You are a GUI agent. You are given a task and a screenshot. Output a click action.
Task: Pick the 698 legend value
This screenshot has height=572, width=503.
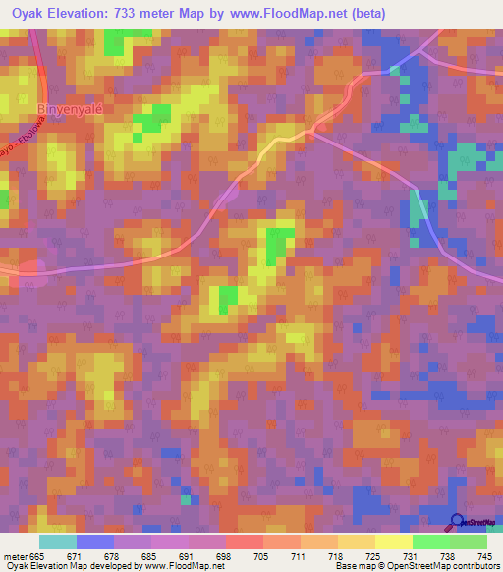pyautogui.click(x=225, y=556)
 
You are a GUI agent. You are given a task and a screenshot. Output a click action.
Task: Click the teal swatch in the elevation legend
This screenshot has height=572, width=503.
pyautogui.click(x=58, y=542)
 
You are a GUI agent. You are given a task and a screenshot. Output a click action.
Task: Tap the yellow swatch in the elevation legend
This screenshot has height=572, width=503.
pyautogui.click(x=393, y=542)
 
